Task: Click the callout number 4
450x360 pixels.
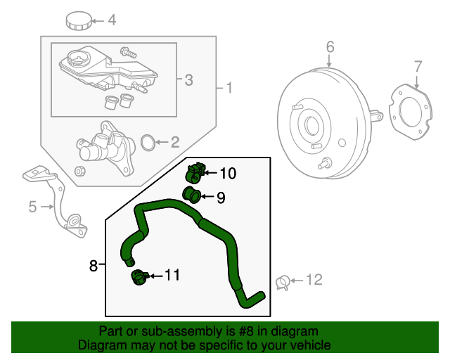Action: point(111,20)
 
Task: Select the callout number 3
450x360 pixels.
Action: point(188,80)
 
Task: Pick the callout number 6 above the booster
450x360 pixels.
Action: point(330,48)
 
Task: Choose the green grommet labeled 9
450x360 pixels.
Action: point(191,194)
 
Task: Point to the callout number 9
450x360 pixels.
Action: point(220,198)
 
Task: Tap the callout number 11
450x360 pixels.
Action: point(172,275)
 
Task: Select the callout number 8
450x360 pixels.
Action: point(94,265)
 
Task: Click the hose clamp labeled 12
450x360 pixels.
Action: point(283,283)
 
